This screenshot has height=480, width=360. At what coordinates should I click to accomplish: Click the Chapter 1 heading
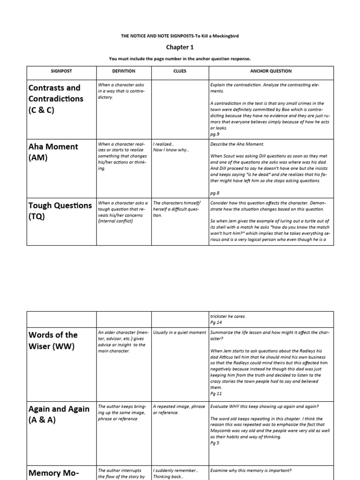pyautogui.click(x=180, y=47)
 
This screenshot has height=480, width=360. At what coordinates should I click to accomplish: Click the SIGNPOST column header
pyautogui.click(x=61, y=71)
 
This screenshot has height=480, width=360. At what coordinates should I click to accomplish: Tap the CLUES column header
pyautogui.click(x=180, y=71)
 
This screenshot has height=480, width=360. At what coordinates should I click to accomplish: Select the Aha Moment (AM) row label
pyautogui.click(x=53, y=152)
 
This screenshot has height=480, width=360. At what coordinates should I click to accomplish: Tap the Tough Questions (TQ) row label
pyautogui.click(x=60, y=210)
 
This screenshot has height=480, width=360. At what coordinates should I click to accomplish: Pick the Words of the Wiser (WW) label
pyautogui.click(x=53, y=341)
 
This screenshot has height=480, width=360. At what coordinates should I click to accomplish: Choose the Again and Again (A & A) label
pyautogui.click(x=59, y=414)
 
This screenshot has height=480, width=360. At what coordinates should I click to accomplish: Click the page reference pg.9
pyautogui.click(x=215, y=134)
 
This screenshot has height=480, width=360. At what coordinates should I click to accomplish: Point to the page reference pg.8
pyautogui.click(x=215, y=193)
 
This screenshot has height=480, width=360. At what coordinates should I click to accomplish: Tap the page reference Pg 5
pyautogui.click(x=215, y=442)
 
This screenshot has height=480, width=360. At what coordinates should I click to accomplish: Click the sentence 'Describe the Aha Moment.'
pyautogui.click(x=237, y=144)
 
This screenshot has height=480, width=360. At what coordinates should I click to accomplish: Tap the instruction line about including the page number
pyautogui.click(x=180, y=59)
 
